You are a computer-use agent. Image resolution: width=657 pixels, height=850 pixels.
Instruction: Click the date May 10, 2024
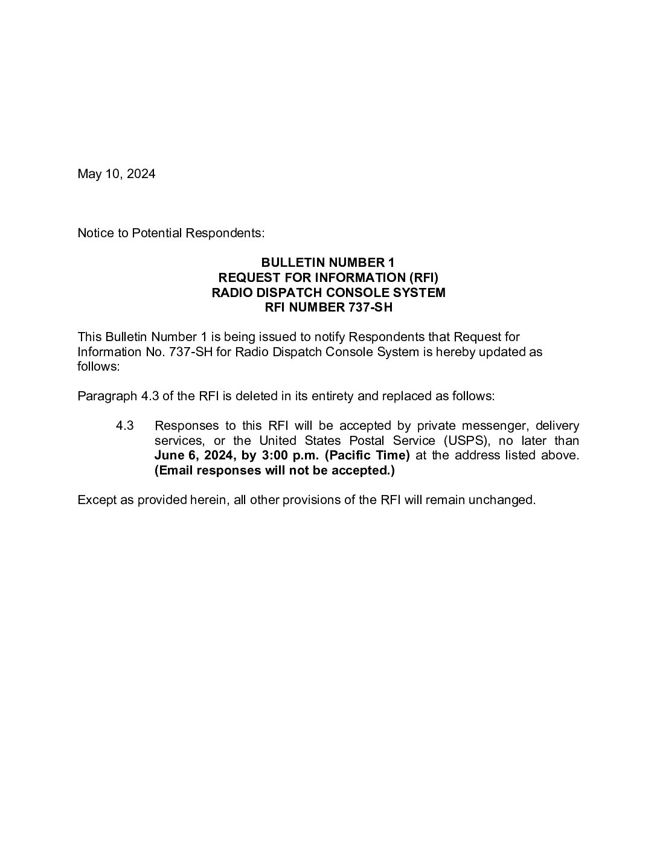click(116, 174)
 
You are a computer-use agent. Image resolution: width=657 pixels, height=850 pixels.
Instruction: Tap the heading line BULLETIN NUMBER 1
click(327, 263)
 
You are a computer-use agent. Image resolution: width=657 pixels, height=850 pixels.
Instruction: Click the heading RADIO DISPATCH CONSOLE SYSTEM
click(328, 293)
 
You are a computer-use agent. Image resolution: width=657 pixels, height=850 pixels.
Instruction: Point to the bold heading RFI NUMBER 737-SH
click(328, 308)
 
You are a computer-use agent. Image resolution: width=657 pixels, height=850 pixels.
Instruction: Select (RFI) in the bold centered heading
click(423, 278)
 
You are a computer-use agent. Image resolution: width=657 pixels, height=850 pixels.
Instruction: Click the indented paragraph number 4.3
click(124, 426)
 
